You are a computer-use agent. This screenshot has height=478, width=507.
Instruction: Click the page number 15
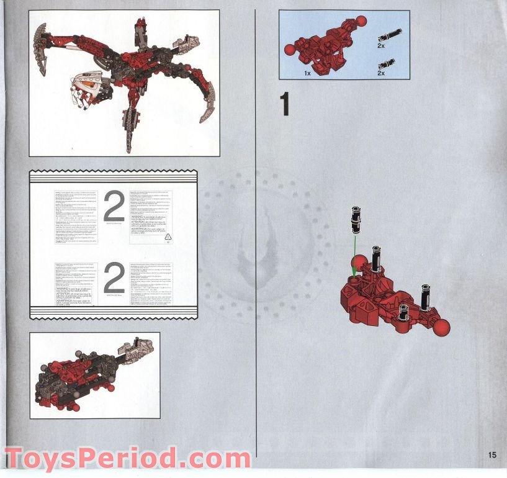[x=492, y=455]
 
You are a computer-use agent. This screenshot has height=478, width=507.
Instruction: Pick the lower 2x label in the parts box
[x=380, y=73]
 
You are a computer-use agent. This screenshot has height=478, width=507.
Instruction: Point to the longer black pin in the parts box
[x=390, y=33]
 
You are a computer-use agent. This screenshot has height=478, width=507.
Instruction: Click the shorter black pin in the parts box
[x=387, y=62]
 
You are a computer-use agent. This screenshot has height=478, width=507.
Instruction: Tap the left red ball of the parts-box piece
[x=289, y=50]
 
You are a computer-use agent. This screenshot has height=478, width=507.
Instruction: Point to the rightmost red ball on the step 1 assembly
[x=441, y=327]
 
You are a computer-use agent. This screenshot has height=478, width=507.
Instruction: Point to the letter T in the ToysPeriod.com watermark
[x=17, y=459]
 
